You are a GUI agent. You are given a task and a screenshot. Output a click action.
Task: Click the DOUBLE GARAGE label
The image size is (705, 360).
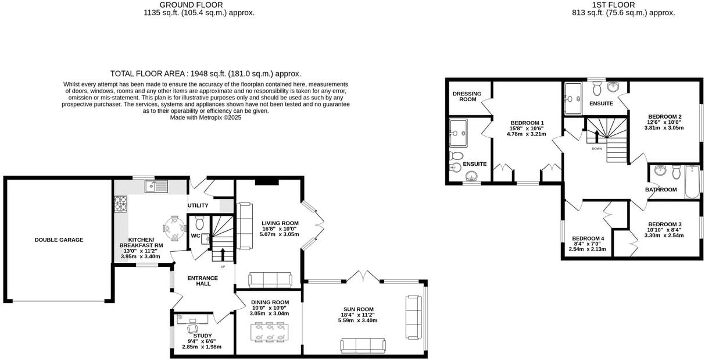click(59, 240)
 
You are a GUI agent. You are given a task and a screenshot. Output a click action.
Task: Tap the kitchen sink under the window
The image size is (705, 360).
click(156, 186)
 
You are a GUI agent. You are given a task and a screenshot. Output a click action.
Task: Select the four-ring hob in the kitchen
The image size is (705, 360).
click(121, 204)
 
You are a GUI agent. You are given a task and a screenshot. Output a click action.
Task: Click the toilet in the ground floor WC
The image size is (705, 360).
click(199, 223)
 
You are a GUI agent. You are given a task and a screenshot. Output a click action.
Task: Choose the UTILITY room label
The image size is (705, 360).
click(198, 205)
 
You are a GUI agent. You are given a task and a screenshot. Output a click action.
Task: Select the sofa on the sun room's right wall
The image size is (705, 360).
click(413, 317)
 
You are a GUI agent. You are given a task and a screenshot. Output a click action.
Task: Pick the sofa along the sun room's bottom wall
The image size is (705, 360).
click(363, 345)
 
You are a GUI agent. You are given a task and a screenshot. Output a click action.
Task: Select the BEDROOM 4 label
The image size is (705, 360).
click(588, 238)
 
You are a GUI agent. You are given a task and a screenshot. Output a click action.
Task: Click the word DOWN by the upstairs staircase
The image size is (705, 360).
click(597, 149)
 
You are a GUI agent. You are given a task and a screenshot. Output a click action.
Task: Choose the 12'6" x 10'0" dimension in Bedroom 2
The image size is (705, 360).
click(664, 122)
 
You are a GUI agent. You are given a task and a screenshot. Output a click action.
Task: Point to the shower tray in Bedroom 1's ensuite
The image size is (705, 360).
click(462, 133)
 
